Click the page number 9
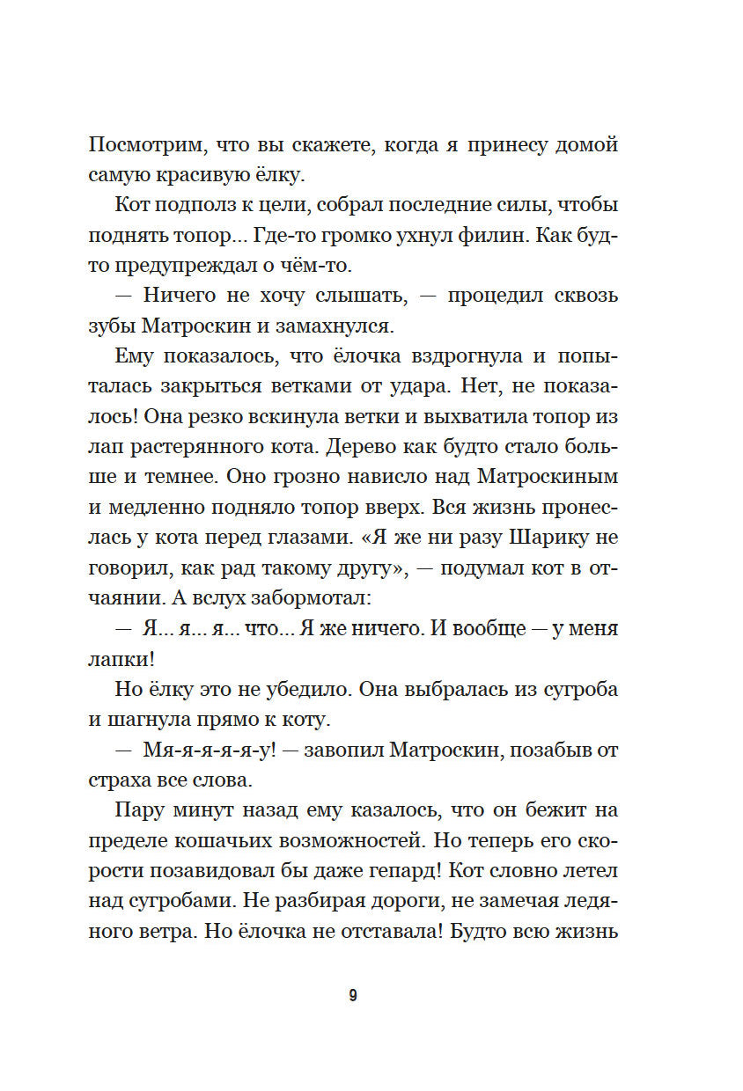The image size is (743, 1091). coord(353,996)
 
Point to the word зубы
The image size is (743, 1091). coord(110,326)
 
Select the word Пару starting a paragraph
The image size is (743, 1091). coord(138,809)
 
